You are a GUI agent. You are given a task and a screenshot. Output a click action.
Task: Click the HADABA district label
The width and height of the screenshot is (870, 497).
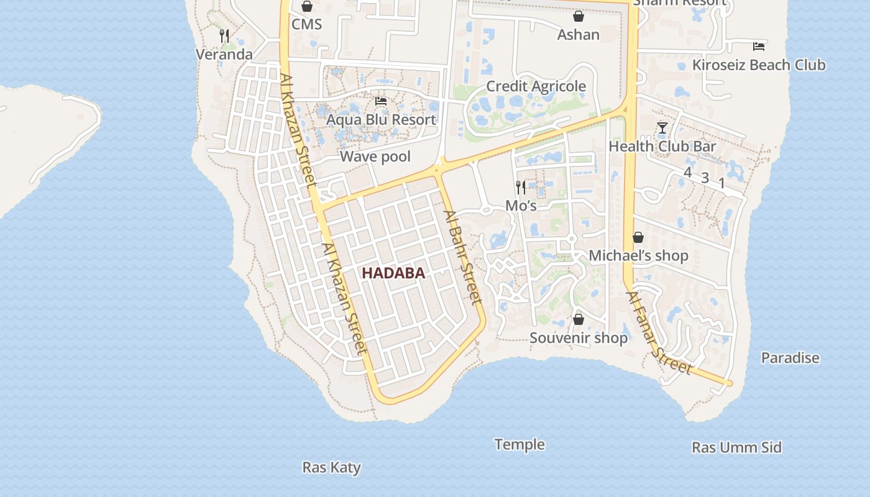pos(393,273)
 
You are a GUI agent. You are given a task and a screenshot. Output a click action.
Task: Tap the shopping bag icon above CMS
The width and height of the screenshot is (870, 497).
pos(307,7)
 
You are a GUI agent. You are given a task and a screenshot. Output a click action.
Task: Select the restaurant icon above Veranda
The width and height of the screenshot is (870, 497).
pos(224,36)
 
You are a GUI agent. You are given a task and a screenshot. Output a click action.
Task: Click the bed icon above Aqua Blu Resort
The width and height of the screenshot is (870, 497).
pos(381,101)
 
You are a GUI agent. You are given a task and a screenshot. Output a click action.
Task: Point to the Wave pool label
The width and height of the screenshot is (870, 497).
pos(375,157)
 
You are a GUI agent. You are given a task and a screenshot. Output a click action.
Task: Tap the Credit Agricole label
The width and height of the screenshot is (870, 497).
pos(536,86)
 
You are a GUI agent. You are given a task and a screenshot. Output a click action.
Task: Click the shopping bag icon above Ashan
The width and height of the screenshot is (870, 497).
pos(579,16)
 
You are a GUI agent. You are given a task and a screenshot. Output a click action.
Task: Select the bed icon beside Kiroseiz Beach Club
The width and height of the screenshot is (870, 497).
pos(758,46)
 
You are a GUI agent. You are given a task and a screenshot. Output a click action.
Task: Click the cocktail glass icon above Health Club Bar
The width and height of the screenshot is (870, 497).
pos(662,128)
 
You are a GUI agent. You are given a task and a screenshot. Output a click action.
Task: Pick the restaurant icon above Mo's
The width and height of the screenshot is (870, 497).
pos(521,187)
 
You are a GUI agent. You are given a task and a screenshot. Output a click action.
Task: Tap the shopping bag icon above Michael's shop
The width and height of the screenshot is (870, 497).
pos(638,237)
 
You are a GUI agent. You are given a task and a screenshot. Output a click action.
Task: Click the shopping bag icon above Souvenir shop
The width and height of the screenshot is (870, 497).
pos(579,319)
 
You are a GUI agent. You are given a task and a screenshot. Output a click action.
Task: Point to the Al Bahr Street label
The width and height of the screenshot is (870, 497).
pos(463,258)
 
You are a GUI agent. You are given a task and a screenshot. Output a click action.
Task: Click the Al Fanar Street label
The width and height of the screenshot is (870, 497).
pos(659,333)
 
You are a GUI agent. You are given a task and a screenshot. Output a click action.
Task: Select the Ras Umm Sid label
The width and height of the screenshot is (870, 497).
pos(736,447)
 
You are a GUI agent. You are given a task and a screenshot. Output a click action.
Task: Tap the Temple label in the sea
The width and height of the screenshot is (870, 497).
pos(520,444)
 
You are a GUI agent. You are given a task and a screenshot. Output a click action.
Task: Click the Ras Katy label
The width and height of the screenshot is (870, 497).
pos(331,467)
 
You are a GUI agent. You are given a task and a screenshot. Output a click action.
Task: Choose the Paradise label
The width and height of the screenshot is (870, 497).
pos(790,358)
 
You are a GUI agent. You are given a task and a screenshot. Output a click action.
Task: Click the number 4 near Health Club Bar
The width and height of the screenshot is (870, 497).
pos(687,172)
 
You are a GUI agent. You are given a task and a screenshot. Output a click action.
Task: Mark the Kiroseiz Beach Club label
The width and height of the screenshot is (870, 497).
pos(759,65)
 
